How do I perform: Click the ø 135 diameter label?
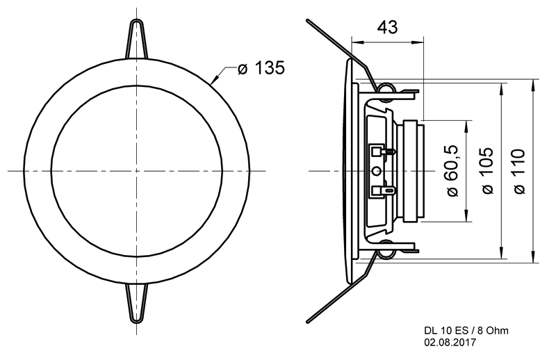coord(261,67)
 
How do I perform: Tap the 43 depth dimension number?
coord(387,27)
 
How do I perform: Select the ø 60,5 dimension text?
coord(453,170)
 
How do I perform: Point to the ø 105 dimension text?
coord(488,170)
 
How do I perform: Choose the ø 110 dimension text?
coord(518,171)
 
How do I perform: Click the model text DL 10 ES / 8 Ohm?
coord(466,331)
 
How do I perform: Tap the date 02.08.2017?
coord(450,342)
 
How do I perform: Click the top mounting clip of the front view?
coord(136,38)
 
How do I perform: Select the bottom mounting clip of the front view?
coord(136,303)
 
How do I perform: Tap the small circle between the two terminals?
coord(377,171)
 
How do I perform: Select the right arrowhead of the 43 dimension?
coord(418,42)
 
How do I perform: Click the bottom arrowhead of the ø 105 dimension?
coord(501,252)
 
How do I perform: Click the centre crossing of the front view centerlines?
coord(136,171)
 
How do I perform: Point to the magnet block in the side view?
coord(411,171)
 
